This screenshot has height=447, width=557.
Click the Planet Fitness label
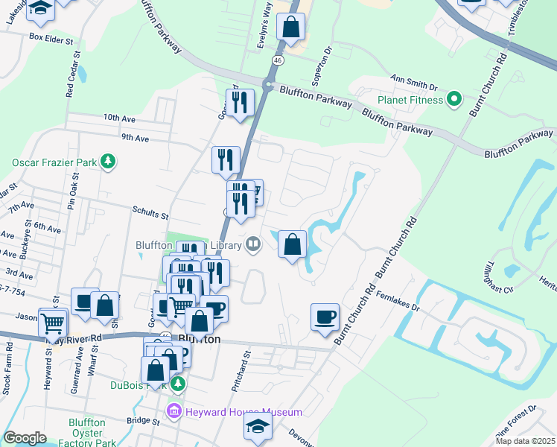pyautogui.click(x=410, y=99)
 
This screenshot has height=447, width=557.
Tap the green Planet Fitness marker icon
pyautogui.click(x=453, y=99)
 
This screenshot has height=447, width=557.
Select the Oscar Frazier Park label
pyautogui.click(x=56, y=162)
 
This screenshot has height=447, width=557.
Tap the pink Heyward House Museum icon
pyautogui.click(x=174, y=411)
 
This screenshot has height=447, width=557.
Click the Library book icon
pyautogui.click(x=253, y=244)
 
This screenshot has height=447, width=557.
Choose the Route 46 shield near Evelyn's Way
pyautogui.click(x=277, y=60)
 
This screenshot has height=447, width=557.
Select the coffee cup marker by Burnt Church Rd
pyautogui.click(x=325, y=317)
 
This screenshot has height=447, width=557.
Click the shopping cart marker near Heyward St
pyautogui.click(x=52, y=323)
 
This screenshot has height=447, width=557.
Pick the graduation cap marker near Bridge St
pyautogui.click(x=258, y=426)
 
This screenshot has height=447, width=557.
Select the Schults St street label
pyautogui.click(x=150, y=215)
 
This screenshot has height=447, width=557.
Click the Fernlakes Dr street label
pyautogui.click(x=399, y=305)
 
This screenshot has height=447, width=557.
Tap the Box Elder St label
pyautogui.click(x=54, y=36)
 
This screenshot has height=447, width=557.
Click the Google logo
pyautogui.click(x=25, y=438)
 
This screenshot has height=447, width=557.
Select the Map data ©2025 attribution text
pyautogui.click(x=524, y=441)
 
